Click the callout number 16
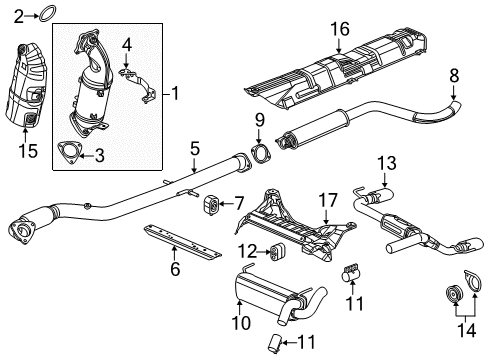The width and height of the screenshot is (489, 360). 343,32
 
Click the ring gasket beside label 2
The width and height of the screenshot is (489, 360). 44,14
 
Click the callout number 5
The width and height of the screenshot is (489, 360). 196,147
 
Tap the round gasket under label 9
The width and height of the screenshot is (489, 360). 261,155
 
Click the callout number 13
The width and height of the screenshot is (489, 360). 386,162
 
